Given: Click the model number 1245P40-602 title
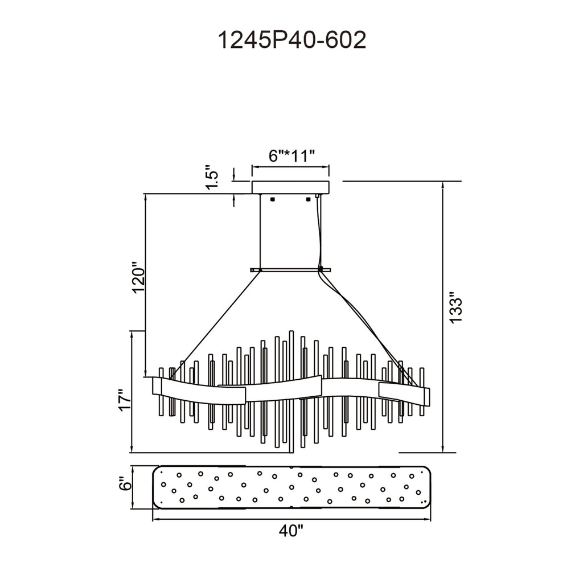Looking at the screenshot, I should pos(291,40).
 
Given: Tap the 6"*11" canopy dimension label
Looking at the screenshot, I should pos(291,155).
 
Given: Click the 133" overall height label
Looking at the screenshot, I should pos(455,307).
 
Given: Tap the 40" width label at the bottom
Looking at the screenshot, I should pos(291,531).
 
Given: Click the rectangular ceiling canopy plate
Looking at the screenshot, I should pos(290,187).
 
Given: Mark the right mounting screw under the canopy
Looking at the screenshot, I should pos(308,199).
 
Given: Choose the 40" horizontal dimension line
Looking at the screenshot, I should pos(291,519).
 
